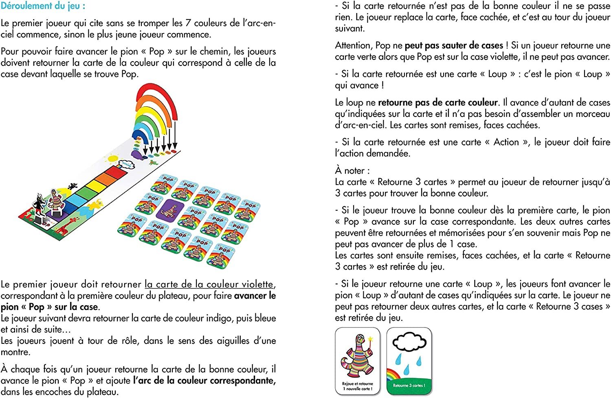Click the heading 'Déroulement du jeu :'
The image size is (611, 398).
(x=43, y=6)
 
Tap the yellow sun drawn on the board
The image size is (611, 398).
(x=112, y=158)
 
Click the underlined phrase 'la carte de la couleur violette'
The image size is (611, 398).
(x=209, y=284)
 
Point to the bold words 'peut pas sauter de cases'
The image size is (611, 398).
(x=454, y=46)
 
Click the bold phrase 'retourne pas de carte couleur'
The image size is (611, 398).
(x=438, y=102)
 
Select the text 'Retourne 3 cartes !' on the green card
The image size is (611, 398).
(x=409, y=385)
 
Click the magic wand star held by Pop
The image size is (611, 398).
(x=371, y=339)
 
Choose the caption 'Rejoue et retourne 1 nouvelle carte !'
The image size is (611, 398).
(x=357, y=386)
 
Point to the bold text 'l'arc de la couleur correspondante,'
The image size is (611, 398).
(x=204, y=380)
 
